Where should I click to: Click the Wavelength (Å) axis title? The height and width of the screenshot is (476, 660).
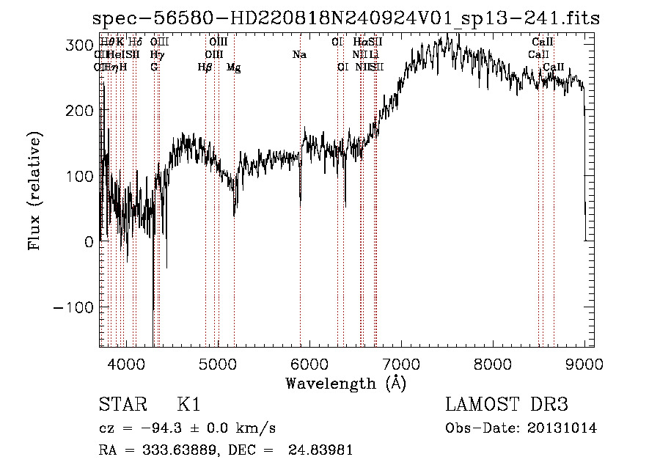point(345,383)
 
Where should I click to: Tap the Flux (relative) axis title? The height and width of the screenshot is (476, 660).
point(34,190)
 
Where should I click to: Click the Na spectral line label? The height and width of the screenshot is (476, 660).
point(299,55)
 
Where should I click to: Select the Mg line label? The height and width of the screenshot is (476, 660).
point(233,67)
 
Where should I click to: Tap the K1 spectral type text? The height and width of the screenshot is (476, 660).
point(188,406)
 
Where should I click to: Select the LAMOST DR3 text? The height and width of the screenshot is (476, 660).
point(507,406)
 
